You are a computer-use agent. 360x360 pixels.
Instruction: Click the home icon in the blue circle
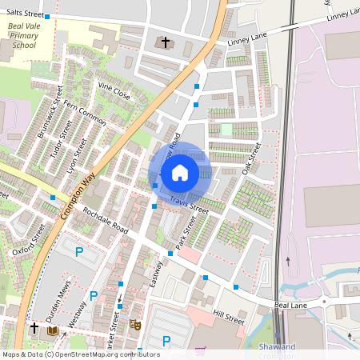coord(179,172)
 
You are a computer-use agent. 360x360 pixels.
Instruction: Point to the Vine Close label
coord(114,89)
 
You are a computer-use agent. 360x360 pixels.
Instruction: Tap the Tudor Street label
coord(61,138)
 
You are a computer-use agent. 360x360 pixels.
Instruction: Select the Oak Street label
coord(251,159)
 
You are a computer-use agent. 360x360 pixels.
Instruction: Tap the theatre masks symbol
coord(135,326)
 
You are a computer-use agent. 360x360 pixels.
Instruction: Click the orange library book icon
coord(53,330)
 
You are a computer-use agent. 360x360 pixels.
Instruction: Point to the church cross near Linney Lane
coord(166,42)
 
